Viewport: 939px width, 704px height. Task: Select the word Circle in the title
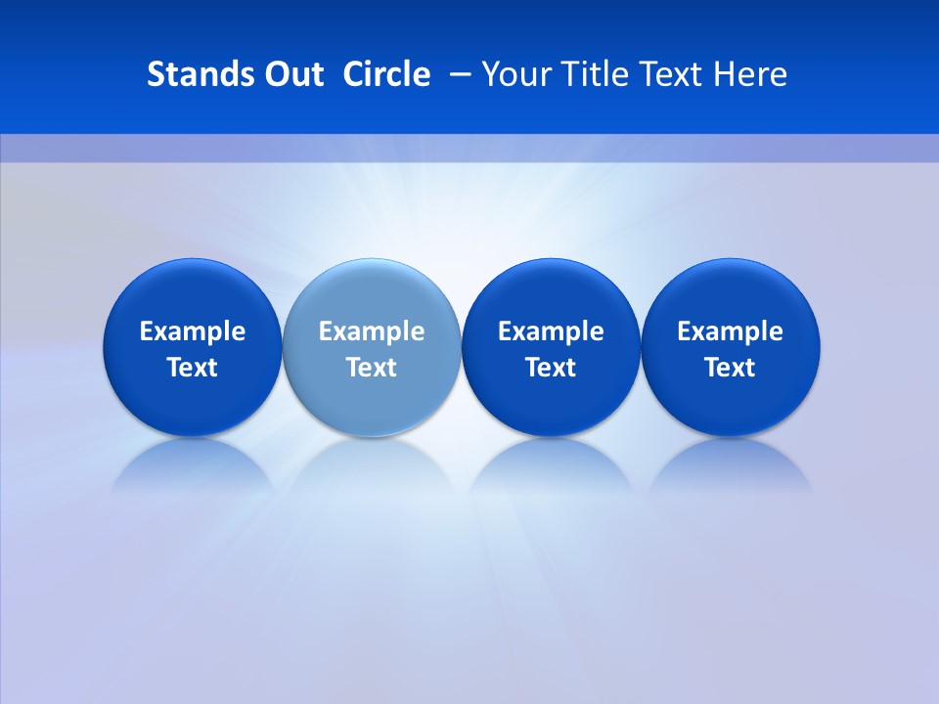pyautogui.click(x=386, y=74)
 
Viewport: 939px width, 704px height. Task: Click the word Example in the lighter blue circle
pyautogui.click(x=372, y=331)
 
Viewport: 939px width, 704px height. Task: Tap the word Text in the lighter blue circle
pyautogui.click(x=372, y=368)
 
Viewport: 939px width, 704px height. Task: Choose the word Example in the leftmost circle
pyautogui.click(x=193, y=331)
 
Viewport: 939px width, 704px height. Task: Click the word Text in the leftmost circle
pyautogui.click(x=193, y=368)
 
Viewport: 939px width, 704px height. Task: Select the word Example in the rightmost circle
pyautogui.click(x=731, y=331)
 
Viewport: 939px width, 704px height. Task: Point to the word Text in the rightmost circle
pyautogui.click(x=731, y=368)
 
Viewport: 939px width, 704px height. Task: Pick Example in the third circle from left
pyautogui.click(x=551, y=331)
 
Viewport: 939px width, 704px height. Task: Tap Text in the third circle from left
pyautogui.click(x=551, y=368)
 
